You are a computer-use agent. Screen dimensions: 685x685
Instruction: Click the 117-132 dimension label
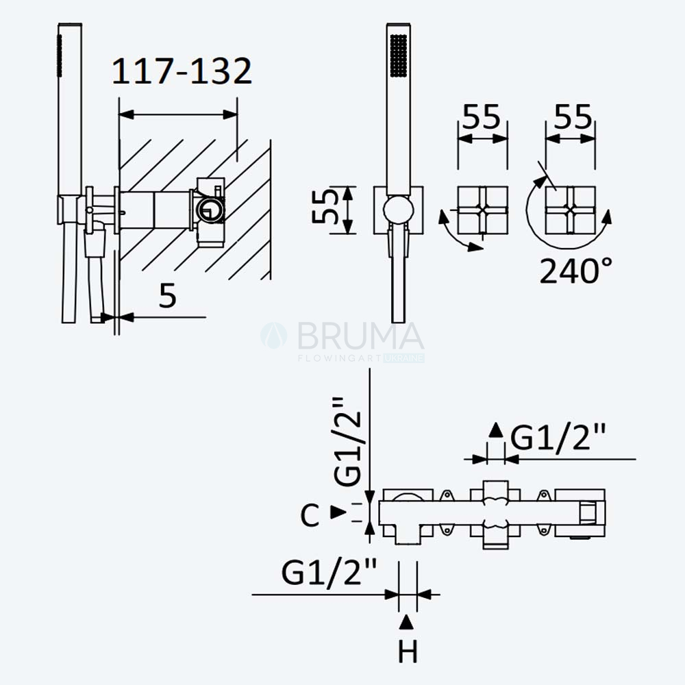[182, 71]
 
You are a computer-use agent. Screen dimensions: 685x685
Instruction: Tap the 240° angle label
[575, 271]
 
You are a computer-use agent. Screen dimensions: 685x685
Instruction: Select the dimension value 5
[167, 296]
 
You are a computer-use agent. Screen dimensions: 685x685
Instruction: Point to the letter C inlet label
[310, 515]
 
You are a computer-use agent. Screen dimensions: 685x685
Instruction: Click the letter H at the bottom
[408, 651]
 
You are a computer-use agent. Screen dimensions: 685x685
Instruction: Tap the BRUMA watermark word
[361, 336]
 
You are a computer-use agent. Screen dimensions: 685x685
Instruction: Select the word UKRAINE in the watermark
[403, 358]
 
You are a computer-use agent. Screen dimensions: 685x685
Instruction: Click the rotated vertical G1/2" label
[348, 441]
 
